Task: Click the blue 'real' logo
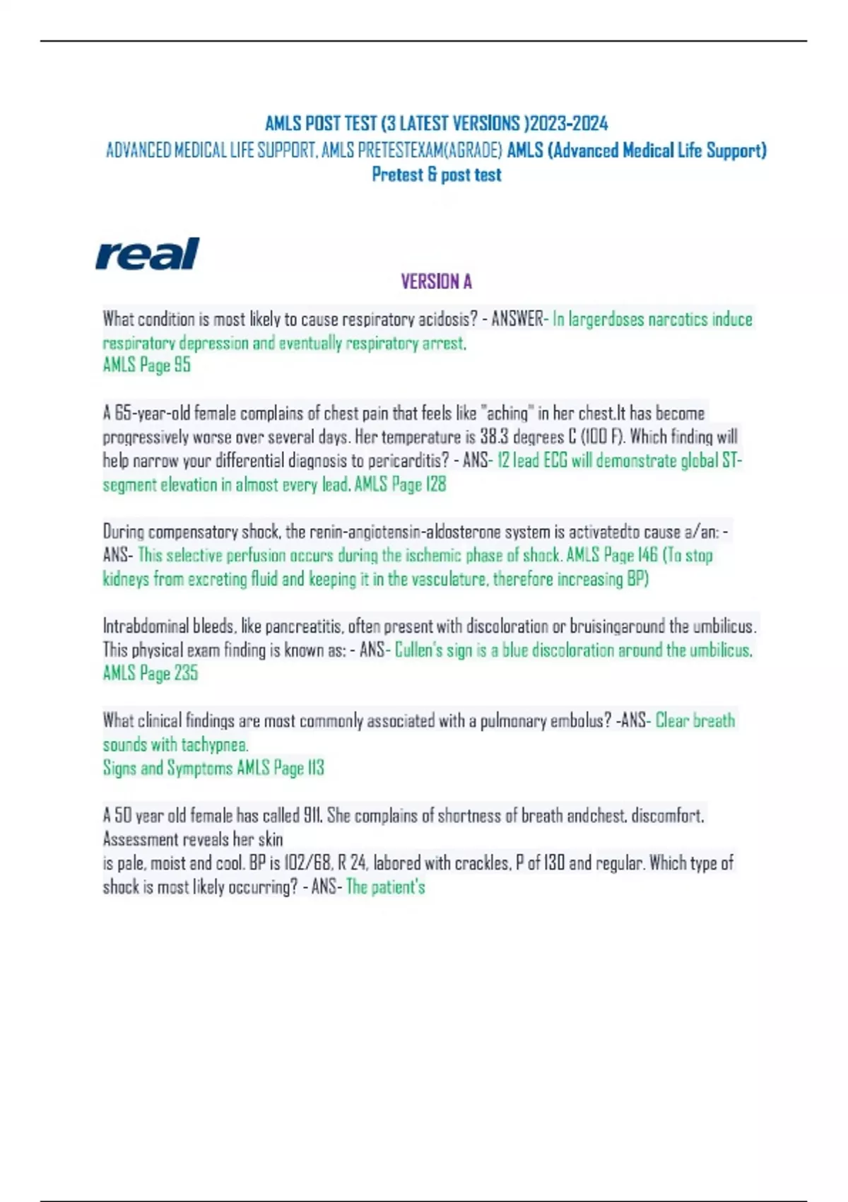point(147,254)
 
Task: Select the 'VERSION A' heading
point(436,282)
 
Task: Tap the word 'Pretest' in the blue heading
point(397,175)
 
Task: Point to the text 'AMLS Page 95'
point(147,365)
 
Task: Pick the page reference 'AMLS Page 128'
point(400,484)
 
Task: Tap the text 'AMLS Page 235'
point(151,673)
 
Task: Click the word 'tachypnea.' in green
point(215,745)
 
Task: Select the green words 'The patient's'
point(386,887)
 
